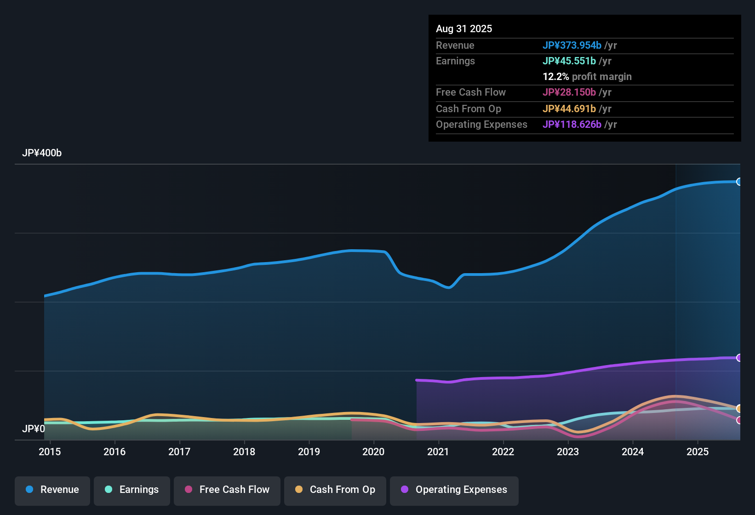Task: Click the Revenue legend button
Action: (52, 490)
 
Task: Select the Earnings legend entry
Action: (132, 490)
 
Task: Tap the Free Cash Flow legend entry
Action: (227, 490)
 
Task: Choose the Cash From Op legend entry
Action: (335, 490)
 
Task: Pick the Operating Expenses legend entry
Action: (454, 490)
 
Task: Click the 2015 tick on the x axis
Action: (50, 452)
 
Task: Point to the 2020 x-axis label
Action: (373, 452)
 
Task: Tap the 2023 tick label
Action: (568, 452)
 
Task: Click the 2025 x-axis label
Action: (698, 452)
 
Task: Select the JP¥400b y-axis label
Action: (42, 153)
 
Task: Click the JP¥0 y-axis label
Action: (34, 429)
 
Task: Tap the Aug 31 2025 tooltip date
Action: (464, 29)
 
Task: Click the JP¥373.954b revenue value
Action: (572, 46)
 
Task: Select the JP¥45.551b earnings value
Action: (569, 61)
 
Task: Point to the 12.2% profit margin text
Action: (587, 77)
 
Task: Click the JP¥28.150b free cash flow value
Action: (569, 92)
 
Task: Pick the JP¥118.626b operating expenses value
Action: (572, 125)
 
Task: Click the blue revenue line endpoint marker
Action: (739, 182)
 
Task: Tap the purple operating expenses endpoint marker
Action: (739, 358)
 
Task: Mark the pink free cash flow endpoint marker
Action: (739, 420)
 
